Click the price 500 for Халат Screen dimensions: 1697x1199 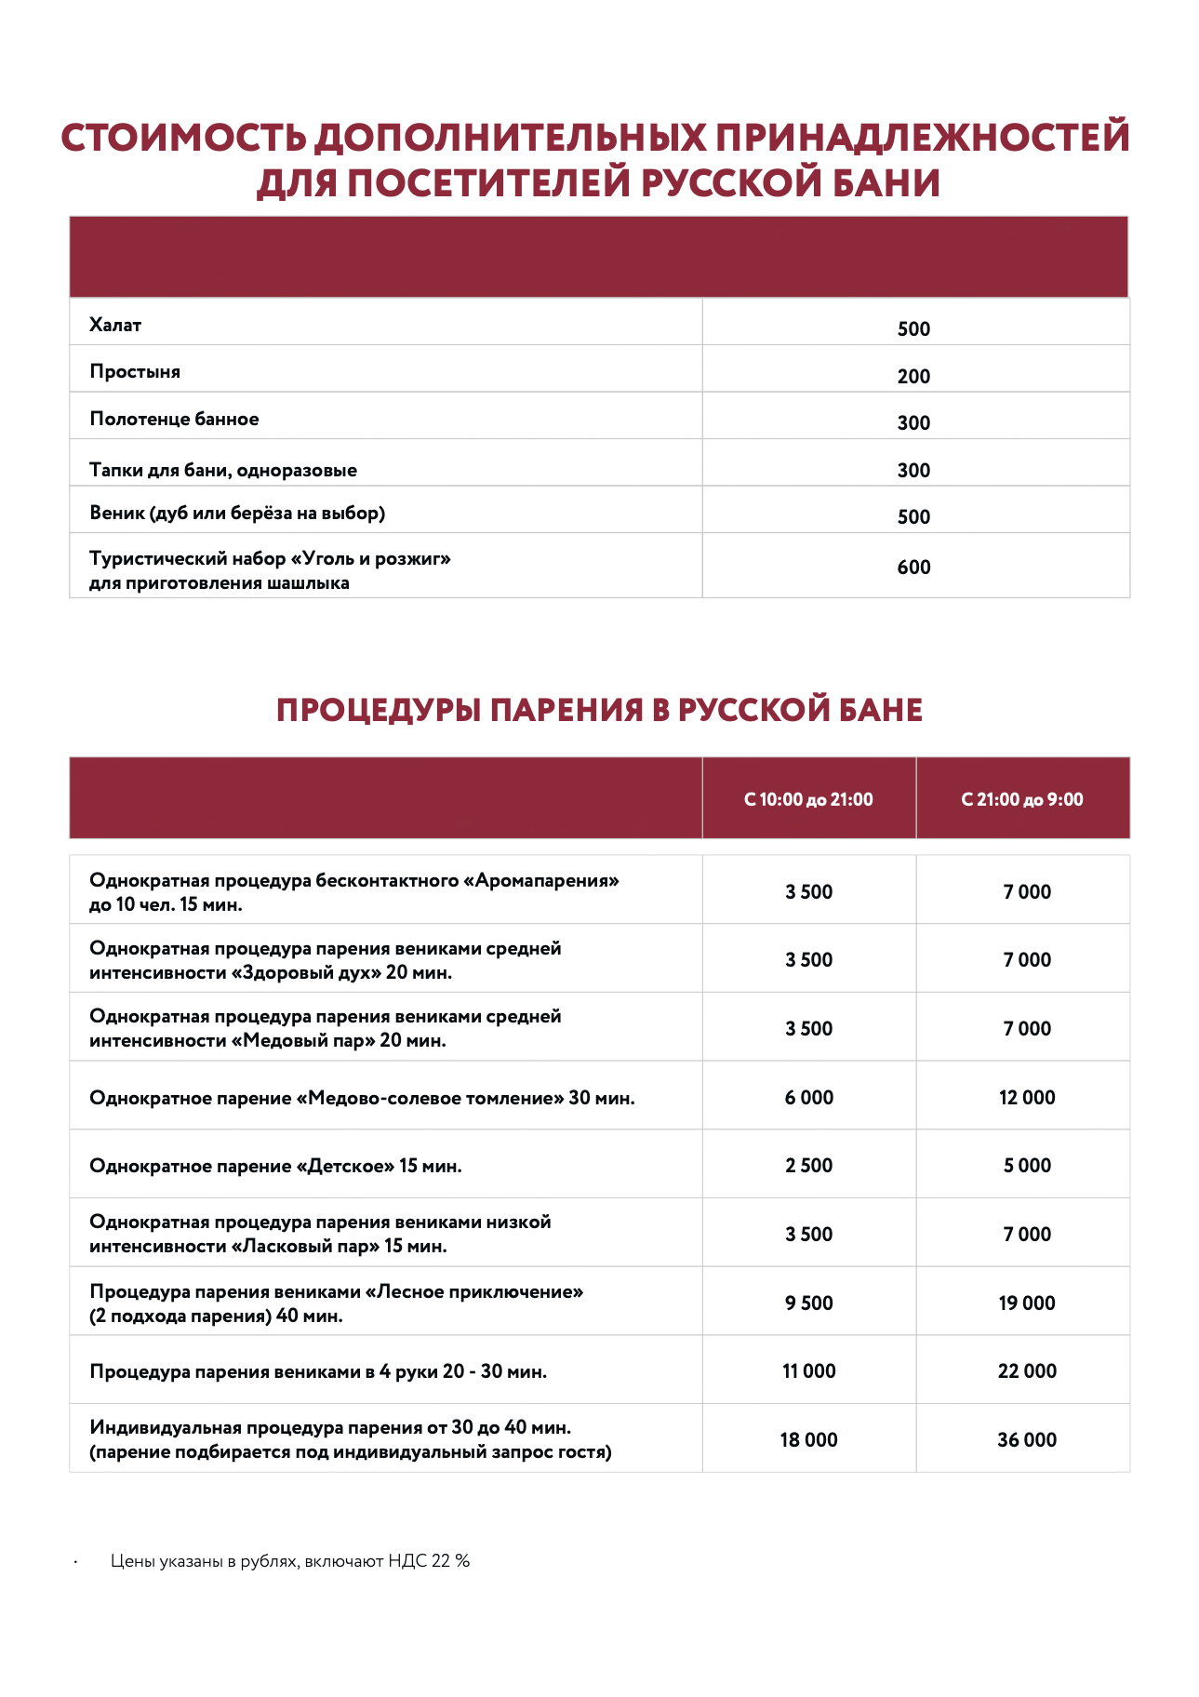[913, 329]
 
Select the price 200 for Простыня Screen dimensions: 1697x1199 [913, 377]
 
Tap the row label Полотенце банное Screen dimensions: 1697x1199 [174, 420]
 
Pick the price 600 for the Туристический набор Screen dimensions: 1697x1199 [913, 568]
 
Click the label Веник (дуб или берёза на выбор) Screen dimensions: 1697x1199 [237, 514]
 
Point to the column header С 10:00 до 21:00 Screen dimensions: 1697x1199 [808, 800]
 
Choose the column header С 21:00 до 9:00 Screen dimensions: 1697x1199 [1022, 800]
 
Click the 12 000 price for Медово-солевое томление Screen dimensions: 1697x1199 [1027, 1098]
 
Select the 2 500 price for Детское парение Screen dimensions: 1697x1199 [808, 1166]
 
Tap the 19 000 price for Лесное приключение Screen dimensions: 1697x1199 [1027, 1303]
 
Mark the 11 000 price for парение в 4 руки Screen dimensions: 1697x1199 [808, 1371]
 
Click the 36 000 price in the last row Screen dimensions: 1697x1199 [1027, 1440]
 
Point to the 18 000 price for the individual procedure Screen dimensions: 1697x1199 [808, 1440]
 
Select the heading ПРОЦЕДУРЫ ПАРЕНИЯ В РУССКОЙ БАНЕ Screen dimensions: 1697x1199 [599, 711]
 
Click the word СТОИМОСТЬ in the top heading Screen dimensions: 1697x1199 [183, 139]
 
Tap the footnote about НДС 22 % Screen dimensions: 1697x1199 [289, 1561]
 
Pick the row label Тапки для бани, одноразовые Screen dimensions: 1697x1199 [223, 471]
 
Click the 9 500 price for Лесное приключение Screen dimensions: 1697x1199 [808, 1303]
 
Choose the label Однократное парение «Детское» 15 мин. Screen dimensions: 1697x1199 [275, 1167]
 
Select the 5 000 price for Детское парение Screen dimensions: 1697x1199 [1027, 1166]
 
